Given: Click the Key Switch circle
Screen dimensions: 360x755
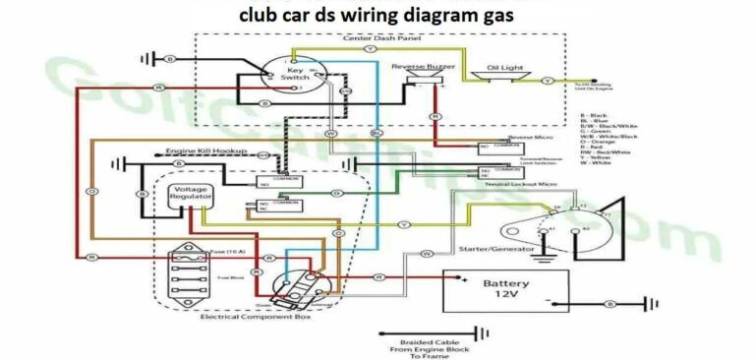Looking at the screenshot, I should (294, 74).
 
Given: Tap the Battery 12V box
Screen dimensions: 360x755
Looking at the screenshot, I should (505, 289).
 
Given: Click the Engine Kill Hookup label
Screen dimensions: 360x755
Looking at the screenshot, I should (205, 151).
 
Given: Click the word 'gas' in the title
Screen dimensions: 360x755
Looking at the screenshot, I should (492, 17).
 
